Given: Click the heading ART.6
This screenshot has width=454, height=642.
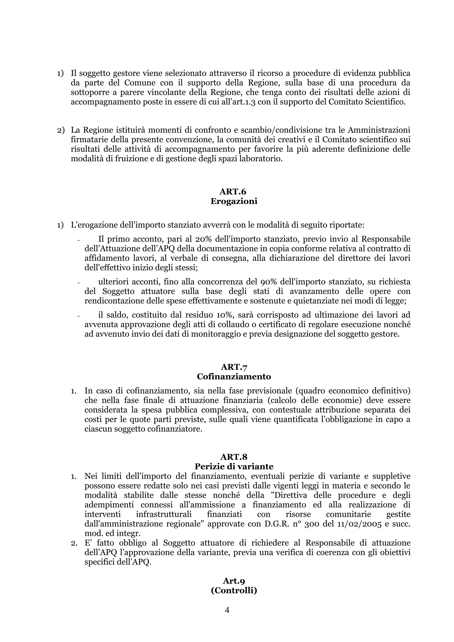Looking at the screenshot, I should pyautogui.click(x=233, y=192).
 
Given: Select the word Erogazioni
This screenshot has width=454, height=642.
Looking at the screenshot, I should pyautogui.click(x=234, y=201).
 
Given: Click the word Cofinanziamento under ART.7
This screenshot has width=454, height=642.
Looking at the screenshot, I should pyautogui.click(x=234, y=377).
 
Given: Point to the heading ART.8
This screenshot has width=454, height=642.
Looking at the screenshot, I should pyautogui.click(x=234, y=457).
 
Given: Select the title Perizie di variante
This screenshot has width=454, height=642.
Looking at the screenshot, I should pyautogui.click(x=234, y=466).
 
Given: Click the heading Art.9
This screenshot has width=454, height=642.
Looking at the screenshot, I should pyautogui.click(x=234, y=581).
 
